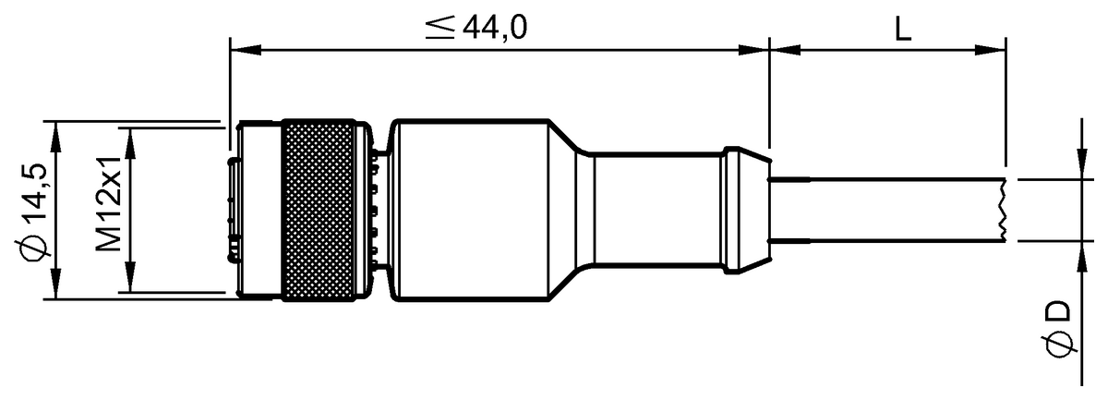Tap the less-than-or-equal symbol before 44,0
click(440, 29)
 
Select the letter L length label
click(902, 29)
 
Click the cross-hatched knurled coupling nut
click(318, 211)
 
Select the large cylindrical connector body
click(471, 210)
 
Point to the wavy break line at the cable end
click(1004, 211)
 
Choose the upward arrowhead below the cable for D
click(1080, 253)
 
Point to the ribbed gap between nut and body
click(374, 211)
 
